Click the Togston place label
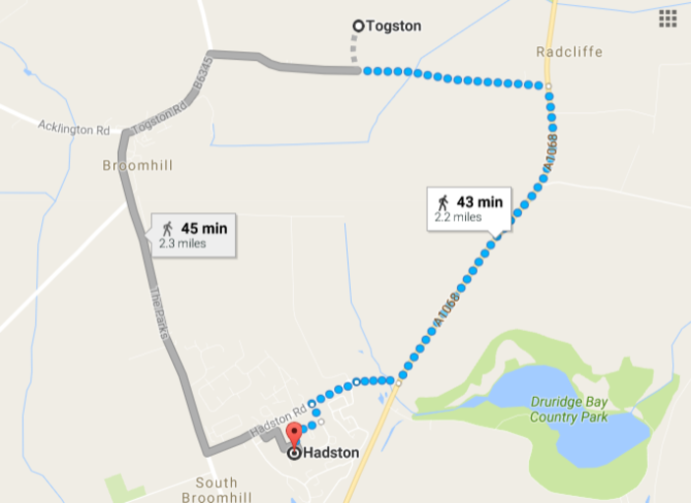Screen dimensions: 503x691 coord(393,27)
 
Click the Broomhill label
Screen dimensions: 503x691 coord(138,165)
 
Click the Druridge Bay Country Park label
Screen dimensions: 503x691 coord(569,410)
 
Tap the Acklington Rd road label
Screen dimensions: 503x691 coord(74,129)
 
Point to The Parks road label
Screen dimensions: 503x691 coord(159,313)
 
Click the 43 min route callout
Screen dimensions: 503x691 coord(469,208)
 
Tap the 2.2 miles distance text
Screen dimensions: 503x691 coord(460,217)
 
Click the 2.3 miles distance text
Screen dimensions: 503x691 coord(183,244)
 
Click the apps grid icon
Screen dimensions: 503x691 coord(668,19)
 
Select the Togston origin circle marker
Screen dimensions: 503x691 coord(358,27)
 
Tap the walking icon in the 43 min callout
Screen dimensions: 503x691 coord(443,202)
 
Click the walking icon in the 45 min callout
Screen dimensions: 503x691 coord(167,229)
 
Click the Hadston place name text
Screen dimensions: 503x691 coord(331,453)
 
